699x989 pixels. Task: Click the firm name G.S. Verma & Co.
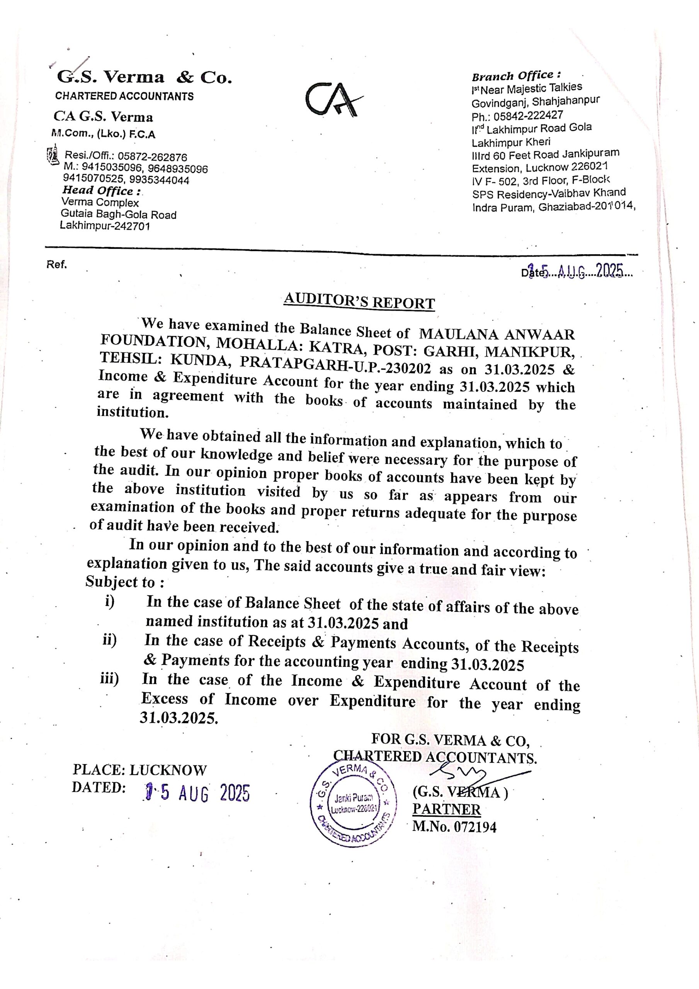145,78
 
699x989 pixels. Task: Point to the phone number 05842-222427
528,116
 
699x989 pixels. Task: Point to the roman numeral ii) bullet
109,640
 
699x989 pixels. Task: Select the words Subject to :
124,582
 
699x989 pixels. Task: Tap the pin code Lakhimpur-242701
105,226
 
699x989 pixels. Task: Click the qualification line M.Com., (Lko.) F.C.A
104,134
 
